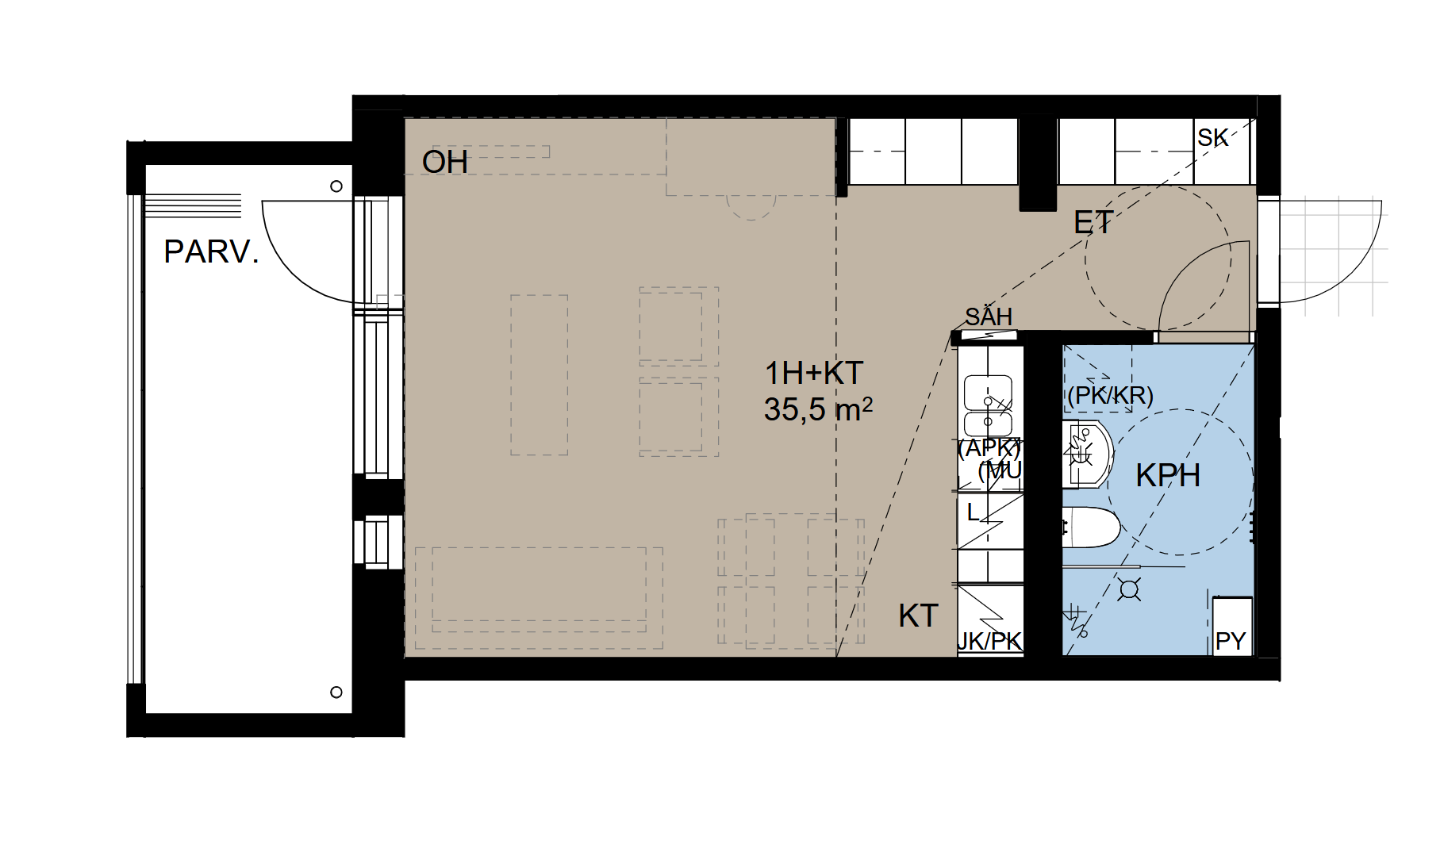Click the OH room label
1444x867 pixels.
point(445,163)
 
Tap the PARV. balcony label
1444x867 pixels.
point(212,252)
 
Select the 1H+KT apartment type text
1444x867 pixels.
point(814,373)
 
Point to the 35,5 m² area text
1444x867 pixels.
point(818,409)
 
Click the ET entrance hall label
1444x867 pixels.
point(1093,223)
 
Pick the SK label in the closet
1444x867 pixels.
point(1213,138)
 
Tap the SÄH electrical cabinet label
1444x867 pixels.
point(989,316)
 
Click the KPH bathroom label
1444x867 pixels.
point(1168,476)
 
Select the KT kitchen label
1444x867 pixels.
point(919,616)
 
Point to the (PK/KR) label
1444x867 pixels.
point(1110,395)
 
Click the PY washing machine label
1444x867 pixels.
point(1231,641)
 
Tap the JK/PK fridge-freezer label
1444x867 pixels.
point(990,641)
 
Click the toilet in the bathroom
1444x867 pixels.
point(1091,527)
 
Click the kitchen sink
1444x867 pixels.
point(988,405)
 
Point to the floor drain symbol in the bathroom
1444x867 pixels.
point(1129,589)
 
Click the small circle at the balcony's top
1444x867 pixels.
point(336,186)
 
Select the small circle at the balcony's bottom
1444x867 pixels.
point(336,692)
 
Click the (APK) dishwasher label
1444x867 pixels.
point(989,449)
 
